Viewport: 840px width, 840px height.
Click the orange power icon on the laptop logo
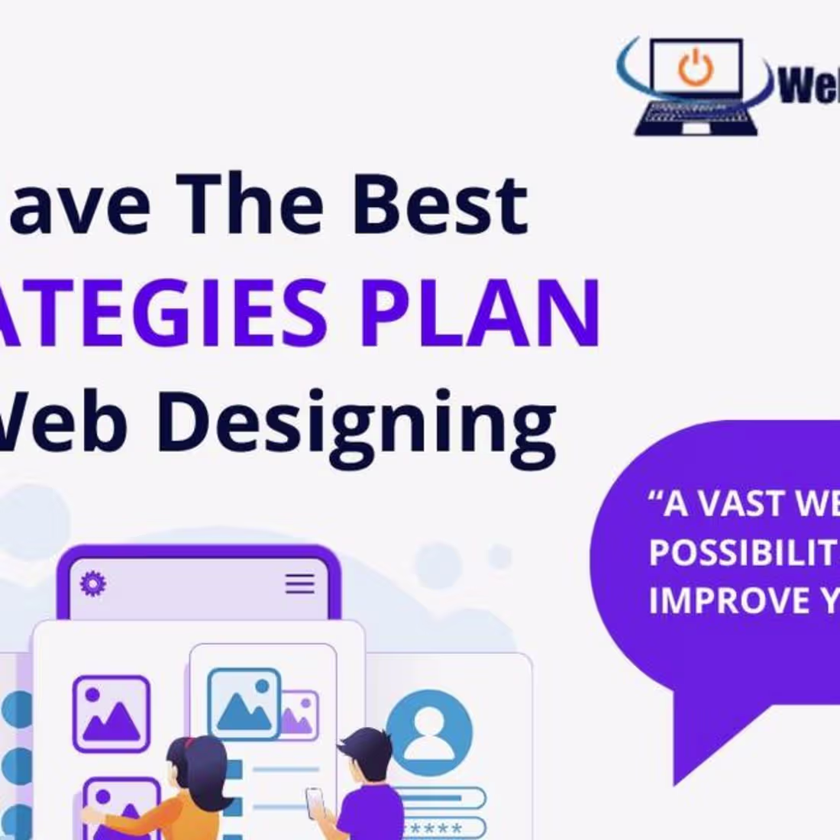[x=695, y=67]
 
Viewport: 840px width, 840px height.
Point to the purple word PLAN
[x=480, y=312]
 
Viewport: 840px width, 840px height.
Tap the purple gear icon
[x=93, y=584]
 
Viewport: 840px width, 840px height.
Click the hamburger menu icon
[x=300, y=584]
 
